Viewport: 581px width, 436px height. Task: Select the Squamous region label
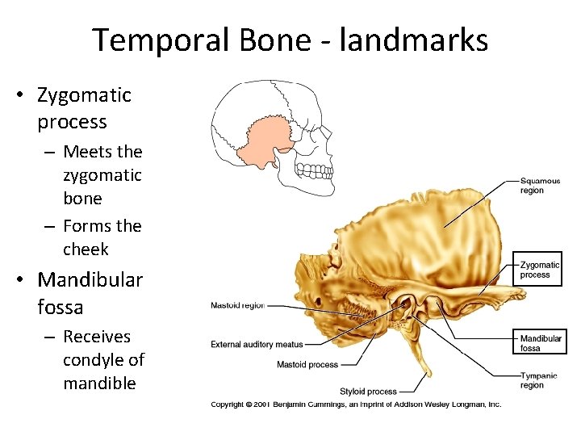[540, 186]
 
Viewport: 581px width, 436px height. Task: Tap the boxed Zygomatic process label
[540, 270]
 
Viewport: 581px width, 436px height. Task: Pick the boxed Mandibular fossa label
[541, 343]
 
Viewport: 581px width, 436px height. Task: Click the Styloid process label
[368, 392]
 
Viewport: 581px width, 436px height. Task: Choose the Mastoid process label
[307, 365]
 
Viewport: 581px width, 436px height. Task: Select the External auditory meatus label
[257, 345]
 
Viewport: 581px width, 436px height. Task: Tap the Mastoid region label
[237, 305]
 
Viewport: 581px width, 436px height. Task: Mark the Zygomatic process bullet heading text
[83, 108]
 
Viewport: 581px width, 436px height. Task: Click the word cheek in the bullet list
[86, 249]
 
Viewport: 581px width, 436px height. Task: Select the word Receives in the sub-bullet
[96, 336]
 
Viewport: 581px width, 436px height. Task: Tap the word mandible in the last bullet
[99, 383]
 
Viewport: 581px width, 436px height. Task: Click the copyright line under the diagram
[356, 404]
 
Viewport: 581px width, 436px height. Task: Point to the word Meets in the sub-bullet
[87, 151]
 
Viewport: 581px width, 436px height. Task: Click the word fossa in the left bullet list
[60, 307]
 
